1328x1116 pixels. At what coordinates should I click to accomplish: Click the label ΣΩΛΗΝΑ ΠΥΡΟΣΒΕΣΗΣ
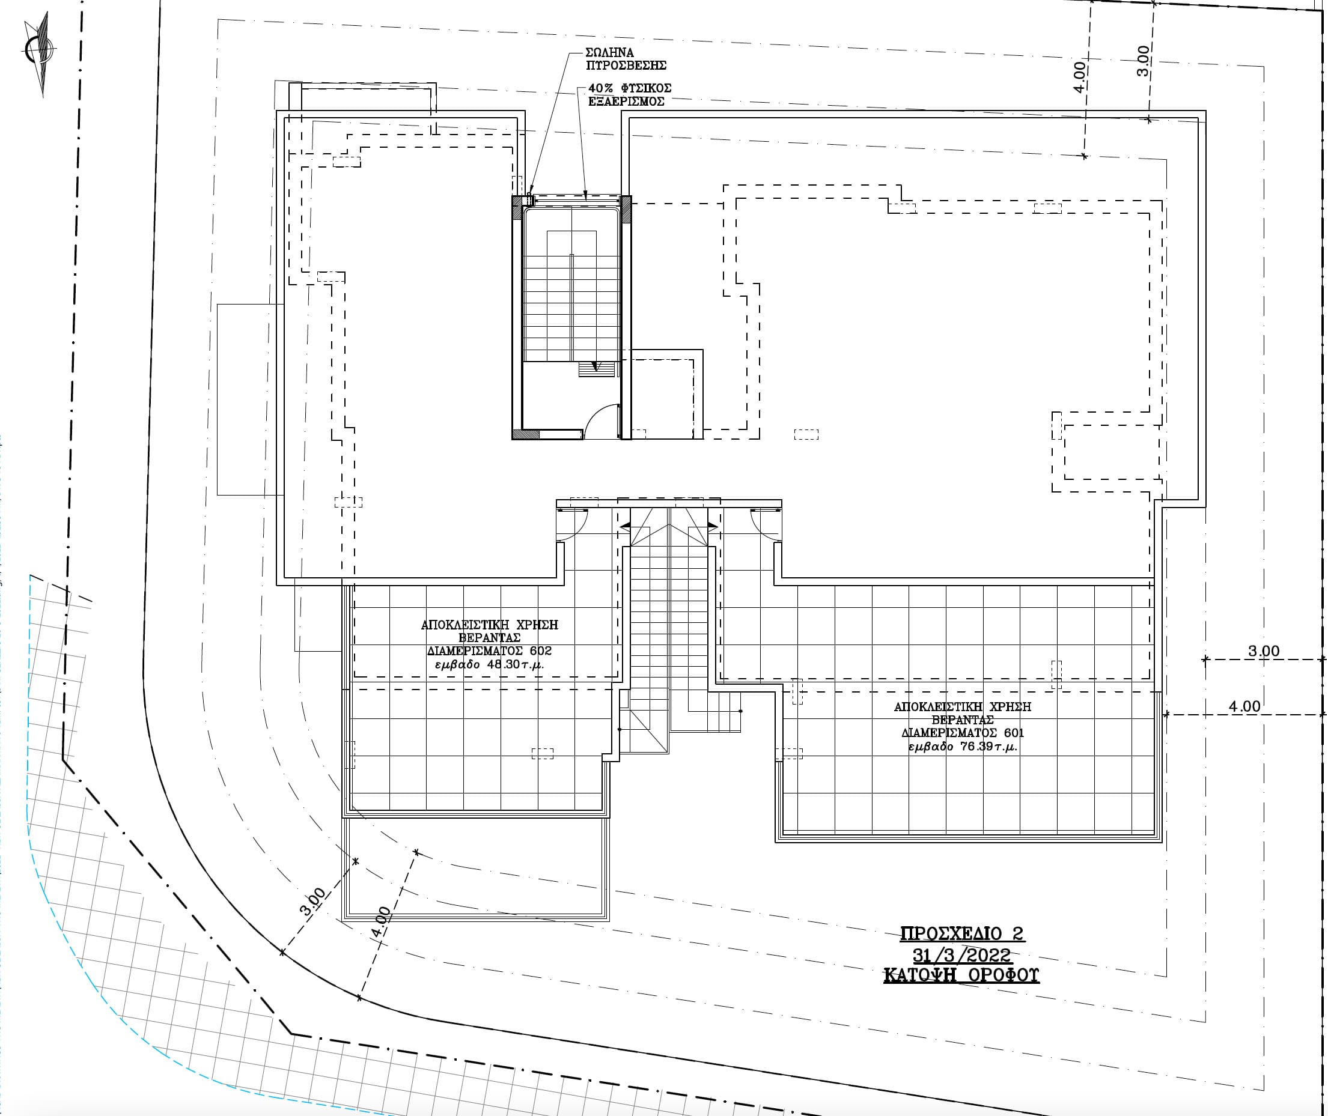click(x=626, y=59)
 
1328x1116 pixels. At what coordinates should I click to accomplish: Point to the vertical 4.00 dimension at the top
click(x=1080, y=78)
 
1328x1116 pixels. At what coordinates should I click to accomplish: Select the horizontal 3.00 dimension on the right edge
click(x=1264, y=651)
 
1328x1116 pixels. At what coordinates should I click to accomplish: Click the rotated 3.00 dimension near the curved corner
click(x=312, y=902)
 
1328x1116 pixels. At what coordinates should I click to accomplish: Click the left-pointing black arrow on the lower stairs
click(x=625, y=525)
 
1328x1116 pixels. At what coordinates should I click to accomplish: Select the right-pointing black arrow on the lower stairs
click(x=713, y=525)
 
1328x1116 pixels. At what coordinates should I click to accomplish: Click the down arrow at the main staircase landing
click(x=595, y=365)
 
